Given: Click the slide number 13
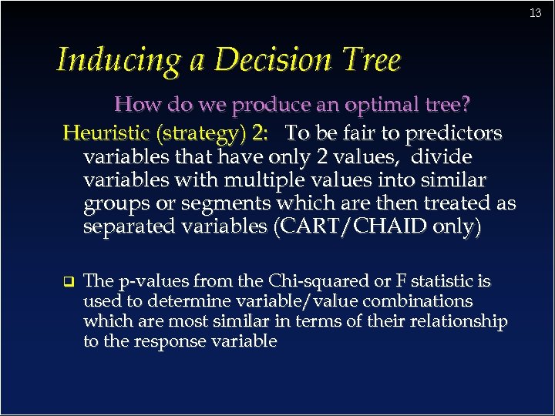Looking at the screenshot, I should tap(536, 13).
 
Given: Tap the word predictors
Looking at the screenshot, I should tap(459, 133).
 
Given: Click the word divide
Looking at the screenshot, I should tap(442, 157).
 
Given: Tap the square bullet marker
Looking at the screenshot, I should tap(68, 280).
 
